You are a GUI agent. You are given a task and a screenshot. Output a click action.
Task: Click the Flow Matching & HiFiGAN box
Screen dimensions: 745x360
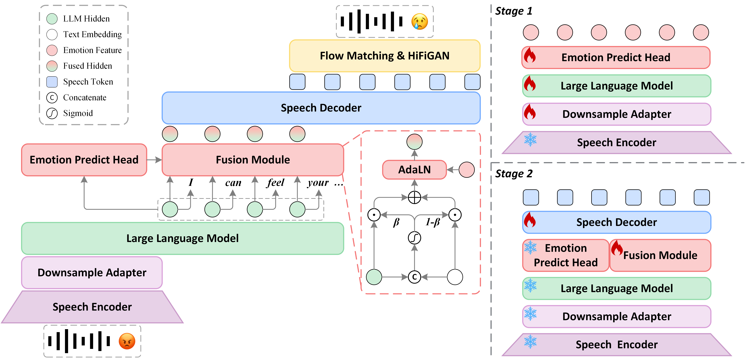pos(385,56)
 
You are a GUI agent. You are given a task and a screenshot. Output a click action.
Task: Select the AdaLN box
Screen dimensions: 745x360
pos(414,170)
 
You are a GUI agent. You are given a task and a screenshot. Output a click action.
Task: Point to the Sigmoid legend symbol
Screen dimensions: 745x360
pos(52,113)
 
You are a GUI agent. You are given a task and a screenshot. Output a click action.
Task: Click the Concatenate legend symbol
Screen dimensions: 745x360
pos(52,98)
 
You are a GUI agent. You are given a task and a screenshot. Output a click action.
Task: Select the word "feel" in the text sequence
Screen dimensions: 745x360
pos(276,183)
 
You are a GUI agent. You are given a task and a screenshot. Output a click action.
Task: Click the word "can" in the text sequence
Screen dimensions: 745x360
pos(233,183)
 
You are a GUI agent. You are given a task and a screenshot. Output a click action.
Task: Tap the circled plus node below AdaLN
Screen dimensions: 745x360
pos(414,198)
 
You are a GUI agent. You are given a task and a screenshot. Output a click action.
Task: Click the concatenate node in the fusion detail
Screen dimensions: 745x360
pos(414,277)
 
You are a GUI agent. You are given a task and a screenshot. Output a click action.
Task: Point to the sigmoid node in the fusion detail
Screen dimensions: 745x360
pos(414,238)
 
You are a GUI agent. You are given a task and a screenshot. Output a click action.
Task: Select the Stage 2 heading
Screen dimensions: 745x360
pos(514,174)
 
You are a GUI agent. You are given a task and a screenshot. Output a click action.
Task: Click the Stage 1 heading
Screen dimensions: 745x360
pos(514,11)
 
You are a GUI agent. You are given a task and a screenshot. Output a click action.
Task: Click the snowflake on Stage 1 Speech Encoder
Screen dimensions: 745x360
pos(530,139)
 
